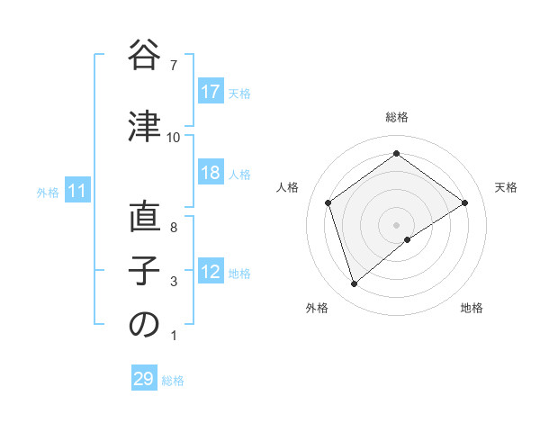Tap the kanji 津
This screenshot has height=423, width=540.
pyautogui.click(x=144, y=127)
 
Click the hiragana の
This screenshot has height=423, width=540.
pyautogui.click(x=144, y=325)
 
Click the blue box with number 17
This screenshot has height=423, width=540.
pyautogui.click(x=210, y=92)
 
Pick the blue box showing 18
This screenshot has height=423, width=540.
pyautogui.click(x=210, y=173)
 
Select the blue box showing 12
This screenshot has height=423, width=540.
pyautogui.click(x=210, y=273)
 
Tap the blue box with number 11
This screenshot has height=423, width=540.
pyautogui.click(x=76, y=191)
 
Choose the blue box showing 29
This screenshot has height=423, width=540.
pyautogui.click(x=144, y=379)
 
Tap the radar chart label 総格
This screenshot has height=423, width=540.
pyautogui.click(x=397, y=117)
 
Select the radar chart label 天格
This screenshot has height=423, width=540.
pyautogui.click(x=507, y=187)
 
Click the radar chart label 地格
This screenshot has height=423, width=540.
pyautogui.click(x=472, y=308)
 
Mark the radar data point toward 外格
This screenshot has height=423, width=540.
pyautogui.click(x=355, y=284)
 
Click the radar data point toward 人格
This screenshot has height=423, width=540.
pyautogui.click(x=328, y=202)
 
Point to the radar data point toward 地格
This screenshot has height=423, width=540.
pyautogui.click(x=408, y=239)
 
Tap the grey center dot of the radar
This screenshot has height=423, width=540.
pyautogui.click(x=397, y=223)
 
